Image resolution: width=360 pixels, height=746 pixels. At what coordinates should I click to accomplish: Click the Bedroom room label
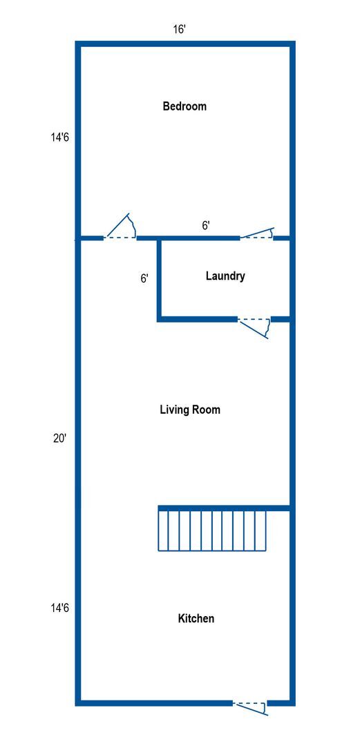[x=184, y=106]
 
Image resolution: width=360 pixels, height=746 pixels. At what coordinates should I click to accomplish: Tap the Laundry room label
[x=225, y=276]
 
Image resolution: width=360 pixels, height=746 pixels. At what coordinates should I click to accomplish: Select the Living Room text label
[x=190, y=410]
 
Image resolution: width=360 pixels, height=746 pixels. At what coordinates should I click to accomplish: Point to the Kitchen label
[x=196, y=618]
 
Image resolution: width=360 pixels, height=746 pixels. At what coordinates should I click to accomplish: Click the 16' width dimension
[x=180, y=30]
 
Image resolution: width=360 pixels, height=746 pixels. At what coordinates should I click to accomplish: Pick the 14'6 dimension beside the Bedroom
[x=59, y=137]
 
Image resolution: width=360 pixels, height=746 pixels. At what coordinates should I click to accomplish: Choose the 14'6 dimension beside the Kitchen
[x=59, y=609]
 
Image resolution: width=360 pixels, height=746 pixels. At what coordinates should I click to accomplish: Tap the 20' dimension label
[x=59, y=438]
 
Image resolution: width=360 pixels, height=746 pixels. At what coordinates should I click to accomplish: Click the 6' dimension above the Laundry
[x=206, y=225]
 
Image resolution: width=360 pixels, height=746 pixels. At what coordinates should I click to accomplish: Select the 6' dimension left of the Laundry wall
[x=144, y=278]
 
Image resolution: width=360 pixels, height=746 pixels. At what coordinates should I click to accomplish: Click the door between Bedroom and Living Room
[x=120, y=230]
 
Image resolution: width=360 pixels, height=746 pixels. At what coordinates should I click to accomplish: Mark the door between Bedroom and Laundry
[x=256, y=234]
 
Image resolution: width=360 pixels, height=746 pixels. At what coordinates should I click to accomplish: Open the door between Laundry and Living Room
[x=254, y=325]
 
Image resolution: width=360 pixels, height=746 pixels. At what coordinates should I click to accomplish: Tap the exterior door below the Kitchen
[x=249, y=707]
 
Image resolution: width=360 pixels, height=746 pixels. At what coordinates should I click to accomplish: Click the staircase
[x=212, y=530]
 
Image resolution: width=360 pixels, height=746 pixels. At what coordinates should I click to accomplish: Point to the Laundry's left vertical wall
[x=160, y=279]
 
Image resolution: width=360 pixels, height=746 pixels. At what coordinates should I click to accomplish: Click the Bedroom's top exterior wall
[x=185, y=44]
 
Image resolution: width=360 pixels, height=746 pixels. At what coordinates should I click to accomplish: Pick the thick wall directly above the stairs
[x=223, y=508]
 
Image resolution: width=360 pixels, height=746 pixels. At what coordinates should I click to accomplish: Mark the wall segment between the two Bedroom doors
[x=188, y=238]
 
